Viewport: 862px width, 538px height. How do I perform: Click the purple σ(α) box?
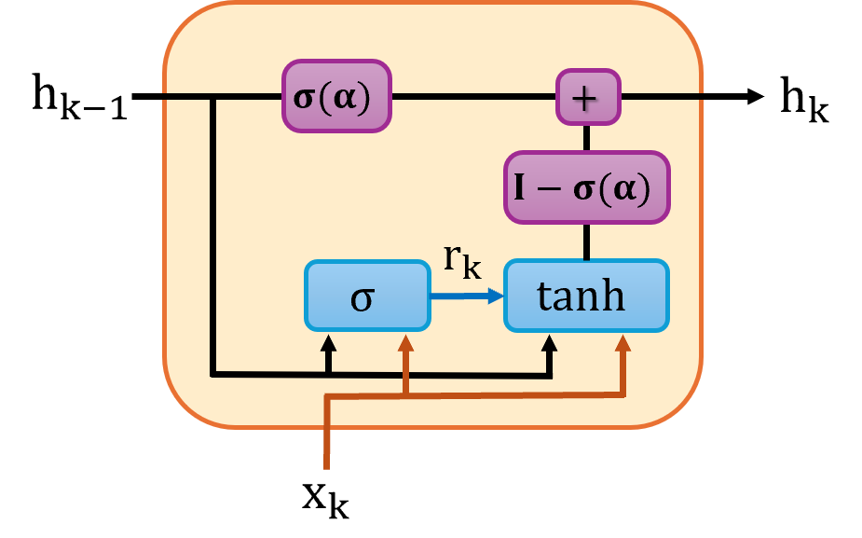pyautogui.click(x=337, y=96)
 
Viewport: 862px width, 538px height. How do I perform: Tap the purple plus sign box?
pyautogui.click(x=588, y=97)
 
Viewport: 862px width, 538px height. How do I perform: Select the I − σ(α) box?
pyautogui.click(x=587, y=187)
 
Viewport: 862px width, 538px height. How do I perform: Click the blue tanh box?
pyautogui.click(x=586, y=296)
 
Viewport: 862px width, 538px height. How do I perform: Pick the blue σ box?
pyautogui.click(x=368, y=296)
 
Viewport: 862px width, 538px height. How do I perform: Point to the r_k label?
pyautogui.click(x=462, y=261)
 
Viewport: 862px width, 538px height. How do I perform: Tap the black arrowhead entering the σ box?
pyautogui.click(x=328, y=342)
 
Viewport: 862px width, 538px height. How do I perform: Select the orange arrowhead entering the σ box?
pyautogui.click(x=405, y=342)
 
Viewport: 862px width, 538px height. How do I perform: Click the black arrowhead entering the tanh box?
pyautogui.click(x=550, y=342)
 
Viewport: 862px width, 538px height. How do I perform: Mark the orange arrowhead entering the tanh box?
pyautogui.click(x=623, y=342)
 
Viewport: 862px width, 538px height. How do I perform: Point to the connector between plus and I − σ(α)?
pyautogui.click(x=587, y=138)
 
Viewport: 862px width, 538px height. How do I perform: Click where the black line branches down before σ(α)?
pyautogui.click(x=214, y=96)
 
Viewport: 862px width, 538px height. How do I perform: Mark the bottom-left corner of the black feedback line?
pyautogui.click(x=214, y=375)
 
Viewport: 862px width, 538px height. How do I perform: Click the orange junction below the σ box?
pyautogui.click(x=405, y=396)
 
